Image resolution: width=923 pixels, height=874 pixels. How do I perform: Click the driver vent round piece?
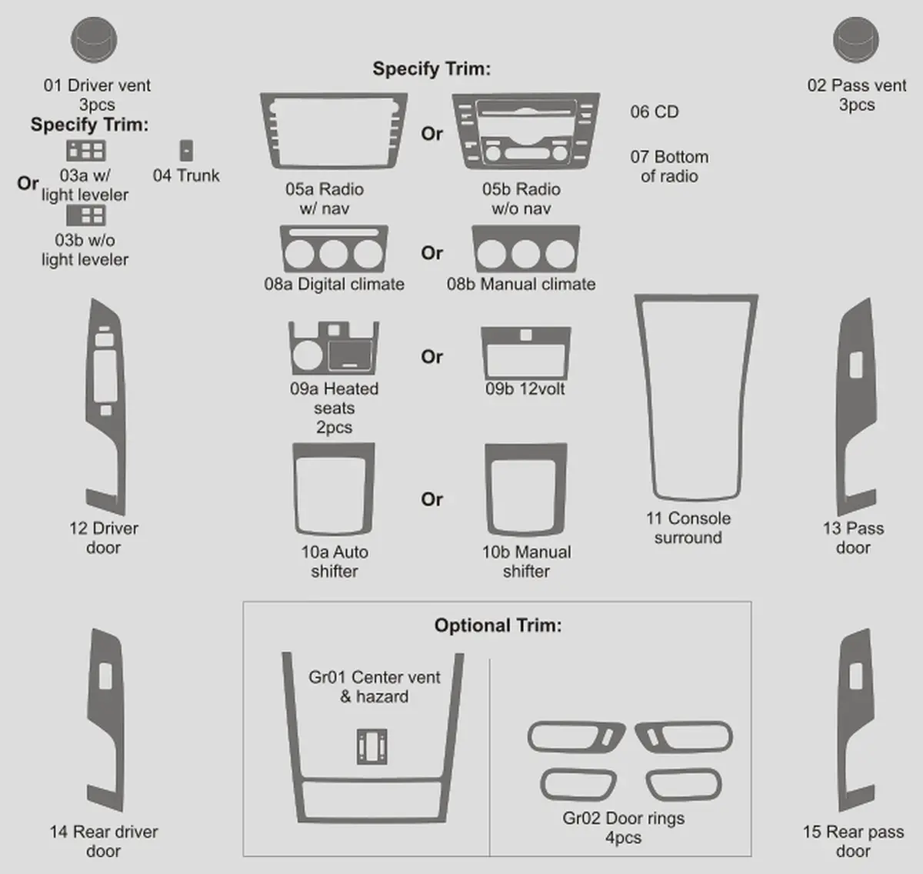[x=94, y=40]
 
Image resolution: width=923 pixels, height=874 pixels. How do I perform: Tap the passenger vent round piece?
[x=856, y=40]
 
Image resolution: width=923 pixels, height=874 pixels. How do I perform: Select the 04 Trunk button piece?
[x=186, y=151]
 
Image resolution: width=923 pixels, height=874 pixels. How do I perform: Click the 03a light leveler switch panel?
[x=86, y=151]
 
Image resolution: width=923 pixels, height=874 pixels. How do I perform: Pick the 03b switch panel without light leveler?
[x=86, y=215]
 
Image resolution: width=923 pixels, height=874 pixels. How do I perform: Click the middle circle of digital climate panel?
[x=333, y=254]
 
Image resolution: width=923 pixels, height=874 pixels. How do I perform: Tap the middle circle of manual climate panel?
[x=525, y=254]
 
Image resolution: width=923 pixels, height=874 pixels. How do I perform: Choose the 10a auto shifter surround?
[x=333, y=450]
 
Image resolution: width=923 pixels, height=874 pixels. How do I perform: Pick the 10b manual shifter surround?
[x=526, y=451]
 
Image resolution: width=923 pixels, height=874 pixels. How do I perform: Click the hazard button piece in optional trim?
[x=372, y=746]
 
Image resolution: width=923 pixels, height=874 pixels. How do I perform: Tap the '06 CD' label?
[x=655, y=112]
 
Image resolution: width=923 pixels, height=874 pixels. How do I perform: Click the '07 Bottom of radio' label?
[x=669, y=166]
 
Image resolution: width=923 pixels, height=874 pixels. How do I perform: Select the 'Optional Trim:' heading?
[x=498, y=625]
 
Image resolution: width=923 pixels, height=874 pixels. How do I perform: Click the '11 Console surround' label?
[x=688, y=528]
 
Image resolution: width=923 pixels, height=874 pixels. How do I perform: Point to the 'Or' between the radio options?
[x=432, y=134]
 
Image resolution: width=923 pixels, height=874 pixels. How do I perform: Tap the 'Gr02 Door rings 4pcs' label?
[x=624, y=828]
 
